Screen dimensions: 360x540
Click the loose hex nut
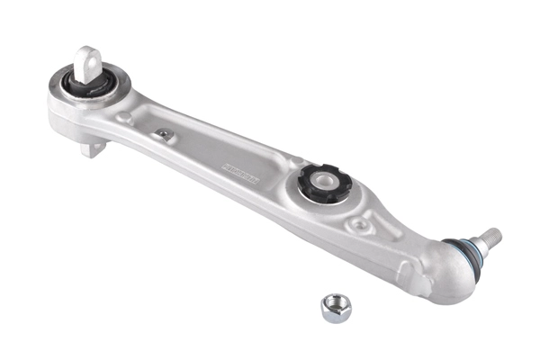click(x=336, y=308)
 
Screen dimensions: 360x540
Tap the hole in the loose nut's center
click(x=336, y=307)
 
